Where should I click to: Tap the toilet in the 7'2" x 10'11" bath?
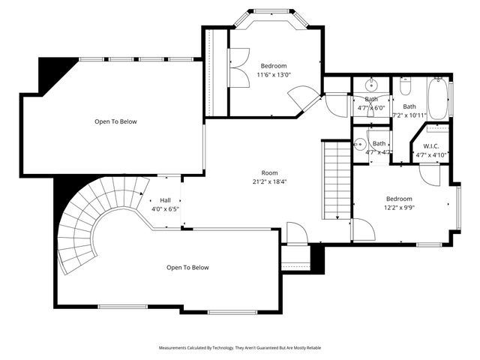[x=406, y=88]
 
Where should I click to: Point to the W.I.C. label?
[x=430, y=145]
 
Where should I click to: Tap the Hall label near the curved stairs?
[x=165, y=200]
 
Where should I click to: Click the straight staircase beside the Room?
[x=336, y=180]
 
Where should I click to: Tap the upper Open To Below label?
[x=115, y=121]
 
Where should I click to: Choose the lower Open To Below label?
[x=187, y=268]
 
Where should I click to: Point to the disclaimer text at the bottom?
[x=239, y=348]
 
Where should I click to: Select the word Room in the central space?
[x=269, y=172]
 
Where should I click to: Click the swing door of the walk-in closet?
[x=429, y=174]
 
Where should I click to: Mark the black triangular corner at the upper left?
[x=52, y=71]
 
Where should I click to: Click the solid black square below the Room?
[x=316, y=259]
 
